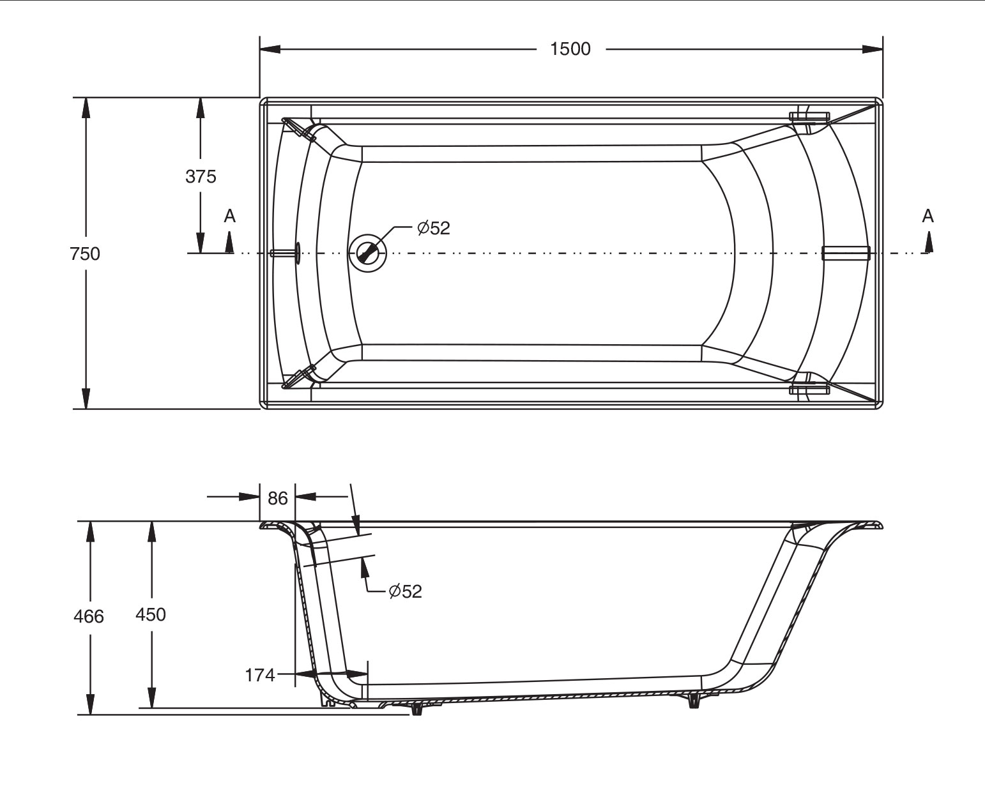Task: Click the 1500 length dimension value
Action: tap(570, 49)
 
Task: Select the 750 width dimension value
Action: tap(85, 254)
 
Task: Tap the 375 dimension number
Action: tap(201, 176)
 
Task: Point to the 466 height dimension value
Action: tap(89, 616)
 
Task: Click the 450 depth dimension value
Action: tap(151, 614)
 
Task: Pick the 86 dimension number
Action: tap(277, 498)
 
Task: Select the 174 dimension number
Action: tap(259, 675)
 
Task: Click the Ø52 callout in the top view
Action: tap(434, 228)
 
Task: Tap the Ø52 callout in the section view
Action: tap(405, 591)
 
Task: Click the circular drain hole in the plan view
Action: tap(367, 253)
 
